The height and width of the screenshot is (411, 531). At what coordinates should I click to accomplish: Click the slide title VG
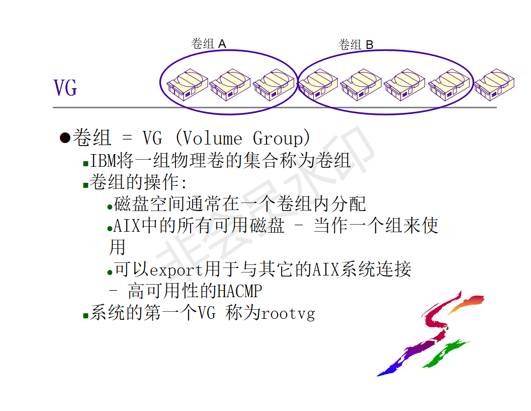(x=65, y=88)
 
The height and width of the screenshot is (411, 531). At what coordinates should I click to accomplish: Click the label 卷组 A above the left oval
(x=208, y=44)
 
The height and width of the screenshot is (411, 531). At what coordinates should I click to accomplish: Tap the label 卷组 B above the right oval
(x=356, y=45)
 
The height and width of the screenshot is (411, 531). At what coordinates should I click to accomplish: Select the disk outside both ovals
(x=494, y=85)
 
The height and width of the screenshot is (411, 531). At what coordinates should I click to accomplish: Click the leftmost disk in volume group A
(x=187, y=85)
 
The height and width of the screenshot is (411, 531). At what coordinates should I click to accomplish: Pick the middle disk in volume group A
(x=230, y=85)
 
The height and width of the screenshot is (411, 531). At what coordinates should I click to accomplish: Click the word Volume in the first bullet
(x=211, y=138)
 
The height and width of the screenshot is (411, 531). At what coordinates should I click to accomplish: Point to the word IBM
(x=103, y=161)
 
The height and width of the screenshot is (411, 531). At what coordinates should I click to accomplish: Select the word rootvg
(x=288, y=314)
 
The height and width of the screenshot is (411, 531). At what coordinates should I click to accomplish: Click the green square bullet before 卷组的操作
(x=85, y=185)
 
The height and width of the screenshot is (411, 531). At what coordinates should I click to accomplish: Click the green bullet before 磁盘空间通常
(x=110, y=207)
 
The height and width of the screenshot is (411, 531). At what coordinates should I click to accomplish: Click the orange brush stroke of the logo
(x=465, y=304)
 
